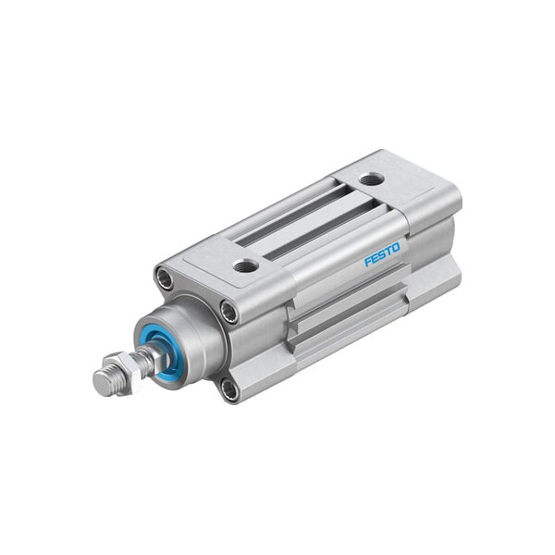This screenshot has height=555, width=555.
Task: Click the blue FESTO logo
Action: tap(382, 254)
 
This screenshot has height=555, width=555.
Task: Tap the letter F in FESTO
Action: tap(368, 262)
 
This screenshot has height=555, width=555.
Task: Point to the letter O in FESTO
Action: tap(396, 247)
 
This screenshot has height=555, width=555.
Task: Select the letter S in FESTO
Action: tap(382, 254)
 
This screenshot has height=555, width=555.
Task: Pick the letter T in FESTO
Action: tap(389, 251)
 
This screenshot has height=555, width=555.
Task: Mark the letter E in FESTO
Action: tap(376, 258)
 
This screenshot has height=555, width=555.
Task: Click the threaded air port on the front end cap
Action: tap(246, 265)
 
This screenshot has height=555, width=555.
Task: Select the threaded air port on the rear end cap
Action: tap(371, 179)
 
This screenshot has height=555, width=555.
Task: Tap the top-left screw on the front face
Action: tap(165, 277)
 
